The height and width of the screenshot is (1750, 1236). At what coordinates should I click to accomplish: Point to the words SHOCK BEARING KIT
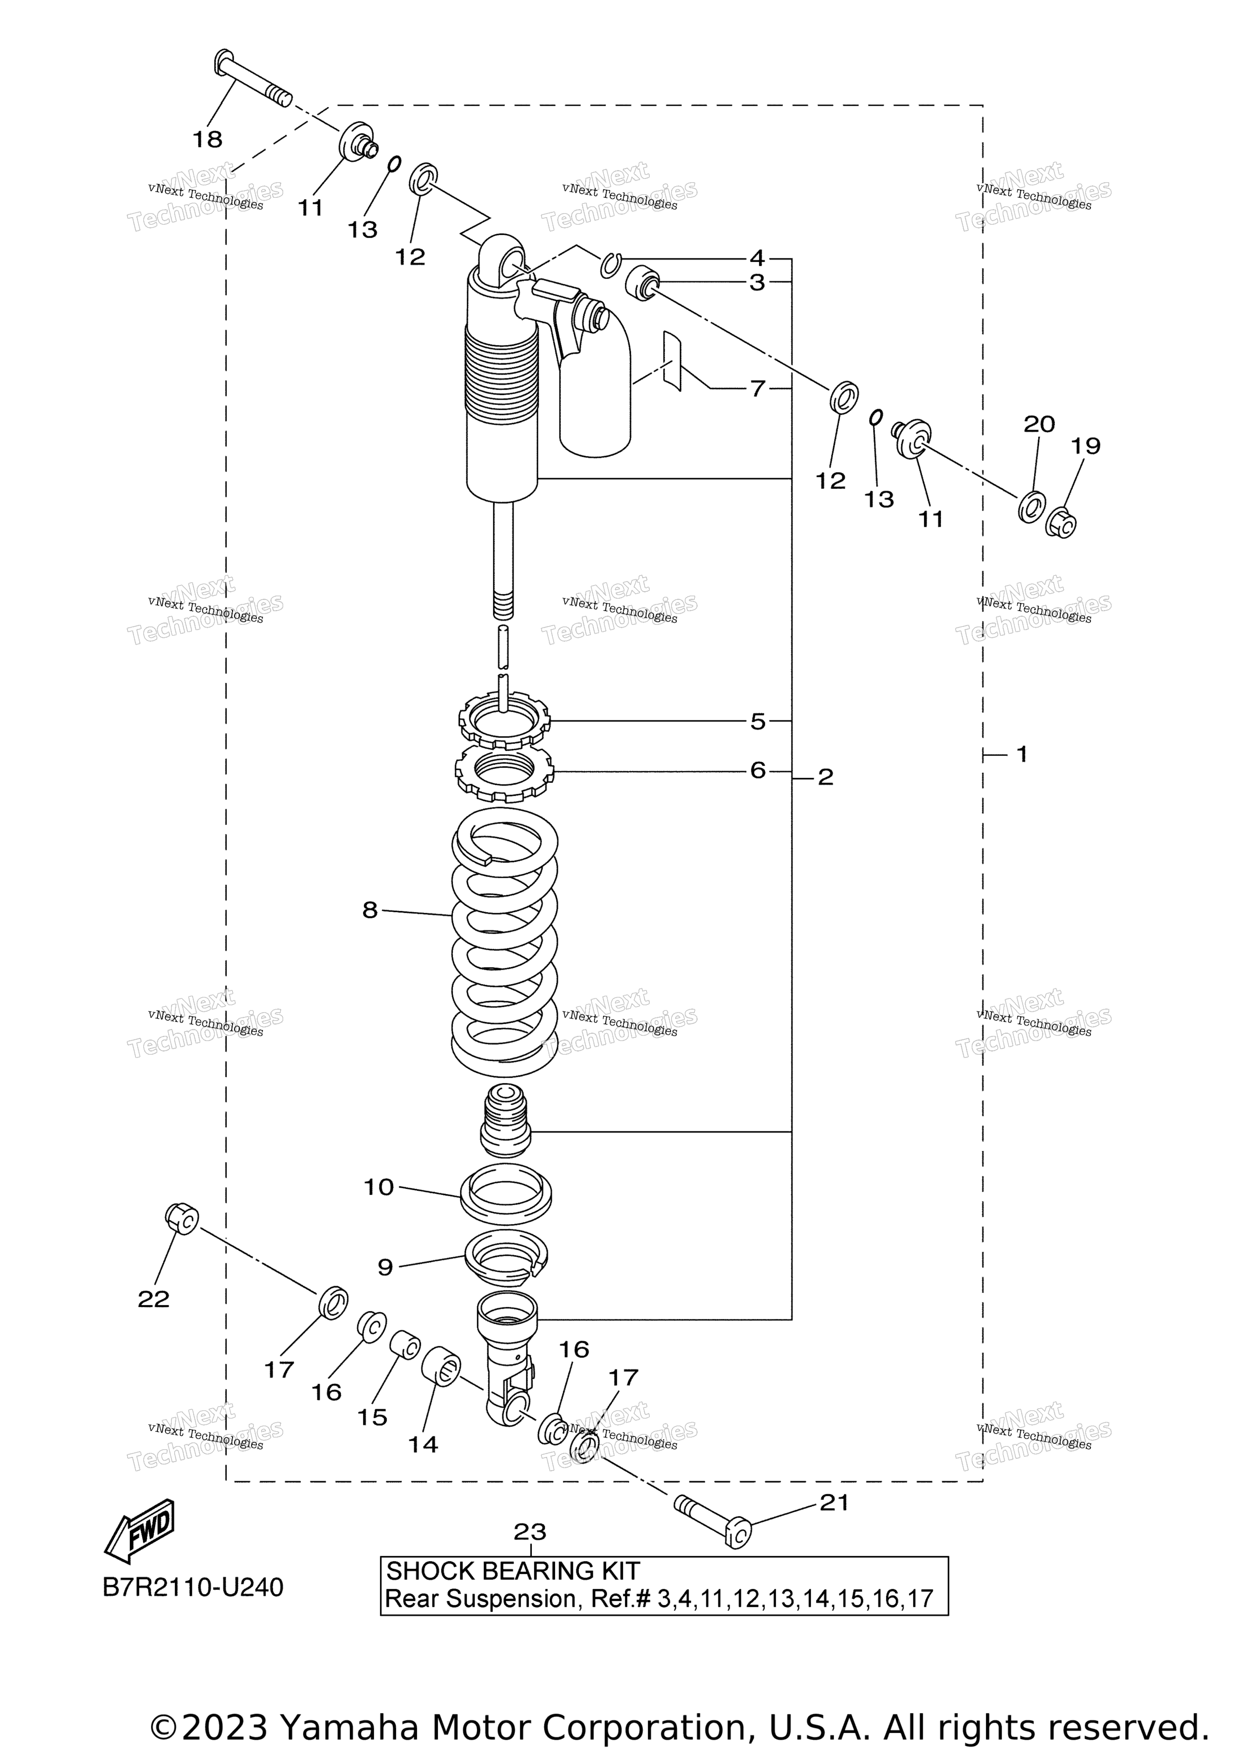513,1571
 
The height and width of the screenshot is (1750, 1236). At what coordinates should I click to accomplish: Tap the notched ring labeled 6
505,772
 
